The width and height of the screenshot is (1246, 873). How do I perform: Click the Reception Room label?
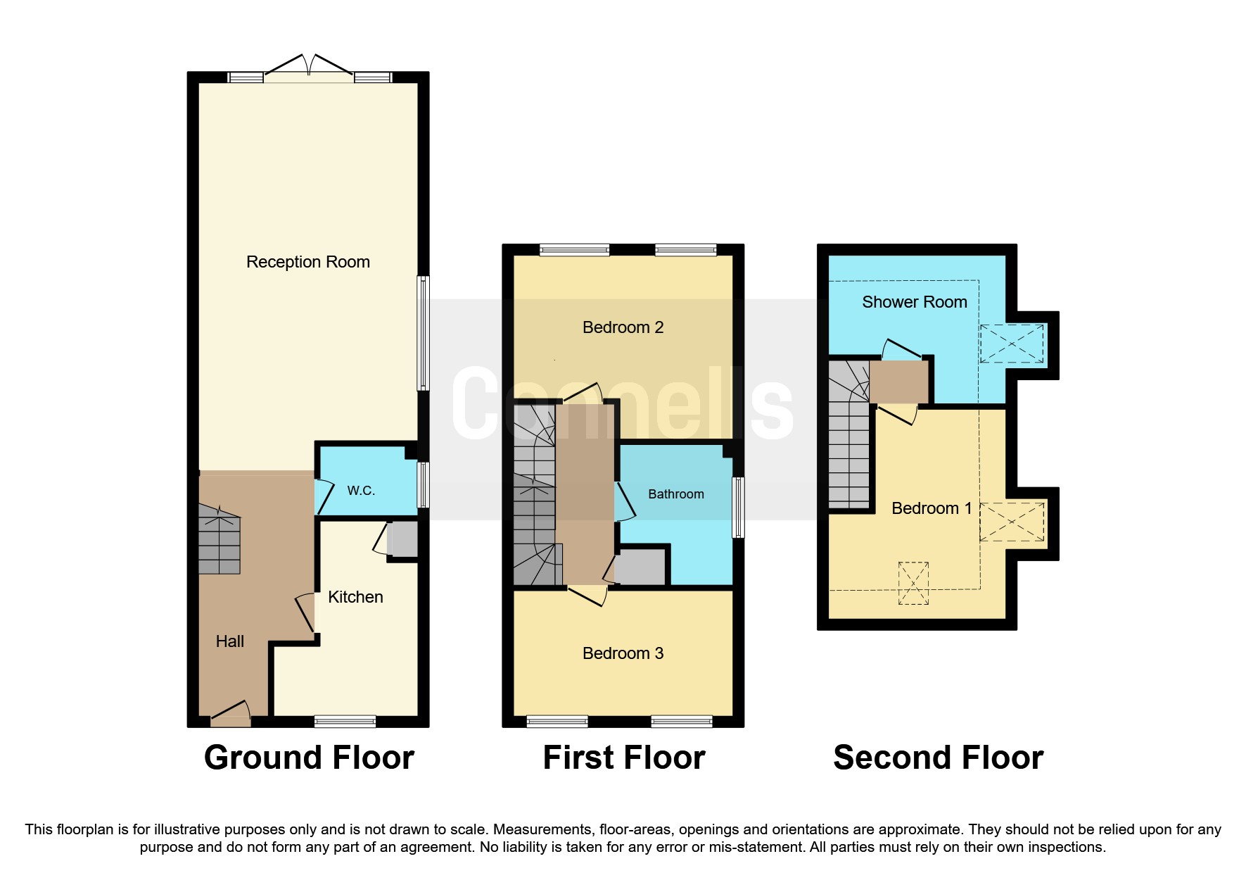click(x=307, y=262)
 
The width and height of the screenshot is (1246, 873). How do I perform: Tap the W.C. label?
click(x=361, y=491)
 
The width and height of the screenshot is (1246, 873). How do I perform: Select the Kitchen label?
click(x=355, y=597)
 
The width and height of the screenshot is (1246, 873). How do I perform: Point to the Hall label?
click(x=229, y=641)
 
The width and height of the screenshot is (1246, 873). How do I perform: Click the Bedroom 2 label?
click(x=623, y=327)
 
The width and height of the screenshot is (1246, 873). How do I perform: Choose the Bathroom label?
click(x=675, y=494)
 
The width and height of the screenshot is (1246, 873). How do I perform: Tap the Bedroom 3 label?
click(x=623, y=653)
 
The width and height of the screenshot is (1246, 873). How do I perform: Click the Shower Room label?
click(x=914, y=302)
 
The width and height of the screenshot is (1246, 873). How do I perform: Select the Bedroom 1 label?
click(x=931, y=508)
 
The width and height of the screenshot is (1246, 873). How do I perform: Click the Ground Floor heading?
click(x=309, y=758)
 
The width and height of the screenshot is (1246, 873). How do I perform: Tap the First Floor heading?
click(x=623, y=758)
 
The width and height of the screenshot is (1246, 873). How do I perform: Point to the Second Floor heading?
click(x=938, y=758)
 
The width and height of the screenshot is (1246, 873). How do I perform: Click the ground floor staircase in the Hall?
click(x=219, y=541)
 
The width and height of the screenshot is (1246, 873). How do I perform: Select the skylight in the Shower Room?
click(x=1011, y=344)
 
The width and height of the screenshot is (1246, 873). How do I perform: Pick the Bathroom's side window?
click(x=738, y=508)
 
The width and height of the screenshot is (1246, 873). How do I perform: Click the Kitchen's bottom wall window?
click(x=345, y=721)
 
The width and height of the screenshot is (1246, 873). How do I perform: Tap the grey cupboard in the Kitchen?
click(x=403, y=539)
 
